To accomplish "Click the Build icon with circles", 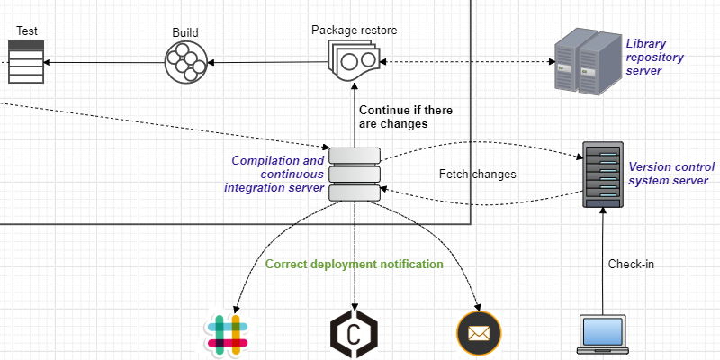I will click(186, 62).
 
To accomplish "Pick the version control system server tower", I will click(602, 175).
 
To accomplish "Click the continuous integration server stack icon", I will click(355, 174).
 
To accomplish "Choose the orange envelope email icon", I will click(478, 334).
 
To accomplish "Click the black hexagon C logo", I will click(355, 334).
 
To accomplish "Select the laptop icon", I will click(601, 334).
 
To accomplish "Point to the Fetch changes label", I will click(477, 174).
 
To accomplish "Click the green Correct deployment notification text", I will click(354, 265).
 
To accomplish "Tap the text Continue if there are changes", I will click(405, 117).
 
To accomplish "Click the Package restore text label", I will click(355, 30).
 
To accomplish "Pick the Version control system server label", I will click(671, 174).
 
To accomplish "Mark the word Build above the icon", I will click(185, 33).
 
